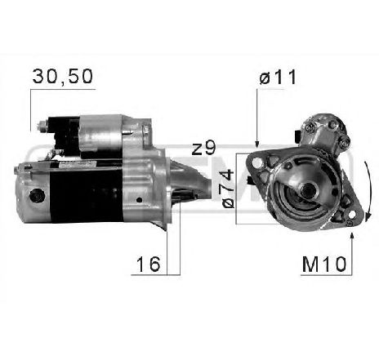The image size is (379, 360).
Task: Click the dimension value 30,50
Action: pyautogui.click(x=62, y=77)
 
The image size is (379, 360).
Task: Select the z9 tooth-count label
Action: pyautogui.click(x=203, y=149)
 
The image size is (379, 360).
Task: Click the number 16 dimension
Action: pyautogui.click(x=148, y=264)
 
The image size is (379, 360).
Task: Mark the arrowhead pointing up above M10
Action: pyautogui.click(x=351, y=236)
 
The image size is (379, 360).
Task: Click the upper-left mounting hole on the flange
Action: pyautogui.click(x=261, y=163)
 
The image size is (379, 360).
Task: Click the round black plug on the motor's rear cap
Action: pyautogui.click(x=36, y=197)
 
